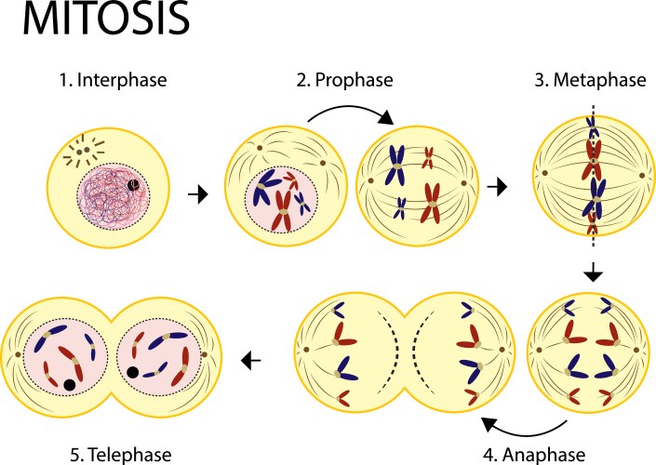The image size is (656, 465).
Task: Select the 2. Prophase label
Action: (x=346, y=80)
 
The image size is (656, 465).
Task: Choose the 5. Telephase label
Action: (x=114, y=454)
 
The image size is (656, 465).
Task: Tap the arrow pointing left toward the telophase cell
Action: (x=250, y=358)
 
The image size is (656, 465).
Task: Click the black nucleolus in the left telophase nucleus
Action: (x=69, y=383)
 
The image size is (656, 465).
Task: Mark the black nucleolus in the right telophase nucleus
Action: (x=134, y=372)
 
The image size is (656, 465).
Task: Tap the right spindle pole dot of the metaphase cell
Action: (x=642, y=174)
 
